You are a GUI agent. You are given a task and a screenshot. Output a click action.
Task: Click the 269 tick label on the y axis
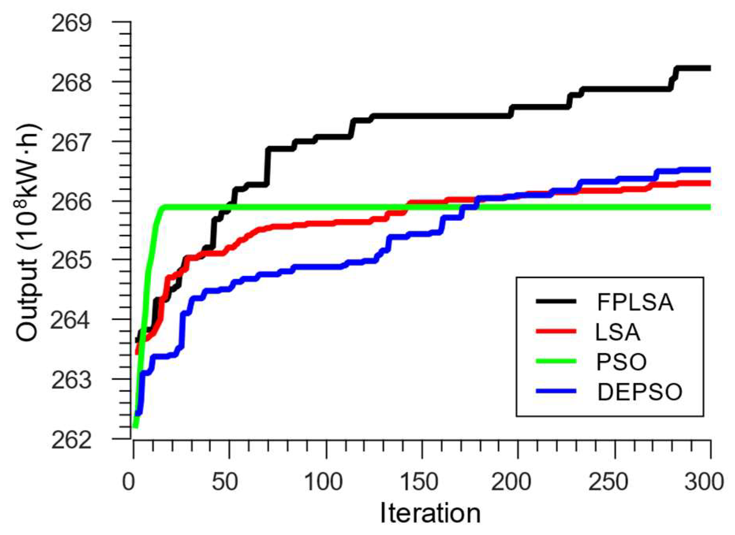tap(71, 24)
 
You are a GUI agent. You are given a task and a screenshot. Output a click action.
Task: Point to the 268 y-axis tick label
tap(71, 84)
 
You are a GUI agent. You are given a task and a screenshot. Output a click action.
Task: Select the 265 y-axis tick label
tap(71, 261)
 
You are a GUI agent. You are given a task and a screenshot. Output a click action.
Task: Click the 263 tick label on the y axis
tap(71, 380)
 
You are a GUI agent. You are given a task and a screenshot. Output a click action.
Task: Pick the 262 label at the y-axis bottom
tap(71, 440)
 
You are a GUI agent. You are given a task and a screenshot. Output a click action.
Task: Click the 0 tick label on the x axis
tap(129, 481)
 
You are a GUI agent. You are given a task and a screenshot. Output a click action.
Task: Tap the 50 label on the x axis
tap(224, 481)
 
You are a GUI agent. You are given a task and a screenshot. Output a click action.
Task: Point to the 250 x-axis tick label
tap(608, 481)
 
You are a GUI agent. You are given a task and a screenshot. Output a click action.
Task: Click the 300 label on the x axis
tap(704, 481)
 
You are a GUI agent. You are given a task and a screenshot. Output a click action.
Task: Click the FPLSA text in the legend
tap(635, 302)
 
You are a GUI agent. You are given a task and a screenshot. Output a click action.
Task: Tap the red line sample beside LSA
tap(556, 331)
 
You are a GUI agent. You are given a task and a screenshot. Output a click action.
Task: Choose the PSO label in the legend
tap(621, 361)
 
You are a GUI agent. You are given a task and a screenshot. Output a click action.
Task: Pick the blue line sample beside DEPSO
tap(556, 391)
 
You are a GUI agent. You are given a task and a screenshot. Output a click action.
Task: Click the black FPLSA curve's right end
tap(709, 69)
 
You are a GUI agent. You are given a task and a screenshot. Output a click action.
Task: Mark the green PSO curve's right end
tap(709, 207)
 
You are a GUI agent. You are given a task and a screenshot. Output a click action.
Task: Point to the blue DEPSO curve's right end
tap(709, 170)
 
